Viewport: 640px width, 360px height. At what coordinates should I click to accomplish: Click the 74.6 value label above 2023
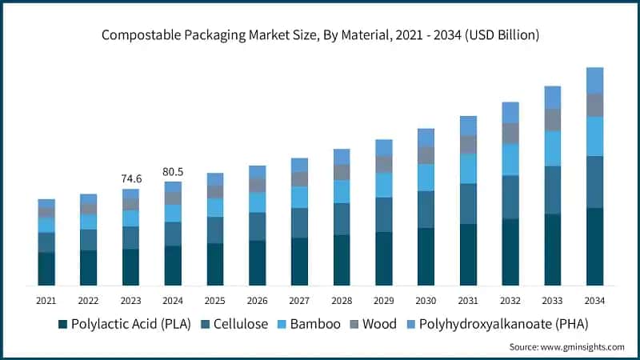pyautogui.click(x=130, y=178)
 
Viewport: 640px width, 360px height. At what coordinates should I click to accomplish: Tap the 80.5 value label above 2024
pyautogui.click(x=173, y=170)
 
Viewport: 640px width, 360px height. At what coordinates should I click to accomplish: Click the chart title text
pyautogui.click(x=320, y=34)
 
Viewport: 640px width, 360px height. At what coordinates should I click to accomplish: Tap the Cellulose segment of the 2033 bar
pyautogui.click(x=552, y=190)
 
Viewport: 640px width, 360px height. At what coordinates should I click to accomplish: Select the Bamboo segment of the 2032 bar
pyautogui.click(x=510, y=159)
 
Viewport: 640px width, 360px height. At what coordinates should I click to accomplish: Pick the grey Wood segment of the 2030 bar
pyautogui.click(x=426, y=155)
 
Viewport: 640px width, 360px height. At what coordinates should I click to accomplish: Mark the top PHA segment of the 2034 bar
pyautogui.click(x=594, y=80)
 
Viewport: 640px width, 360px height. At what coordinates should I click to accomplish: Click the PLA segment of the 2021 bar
pyautogui.click(x=46, y=269)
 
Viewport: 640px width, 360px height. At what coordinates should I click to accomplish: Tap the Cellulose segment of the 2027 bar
pyautogui.click(x=299, y=223)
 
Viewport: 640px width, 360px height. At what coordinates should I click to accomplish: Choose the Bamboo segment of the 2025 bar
pyautogui.click(x=215, y=207)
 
